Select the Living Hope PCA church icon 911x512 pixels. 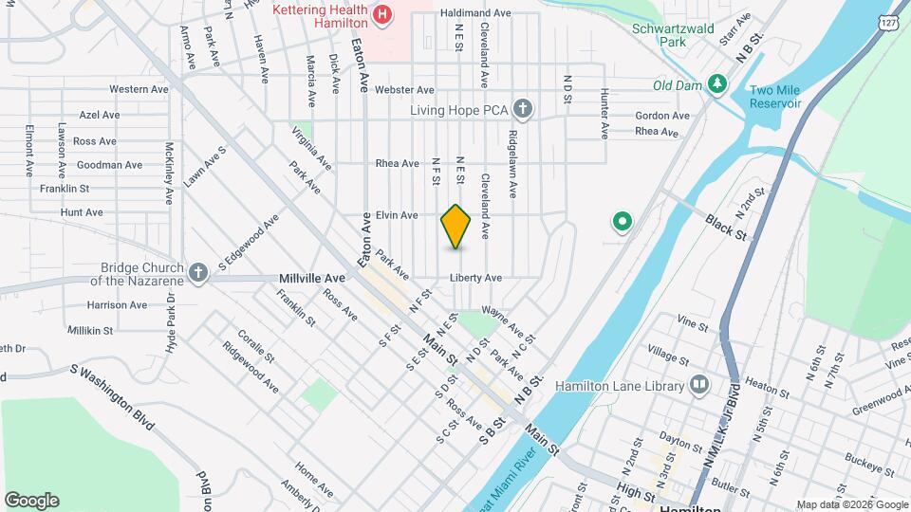[x=522, y=109]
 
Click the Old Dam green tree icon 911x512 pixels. [x=718, y=85]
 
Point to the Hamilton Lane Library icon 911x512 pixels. [x=699, y=386]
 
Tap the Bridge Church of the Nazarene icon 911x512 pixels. [x=198, y=274]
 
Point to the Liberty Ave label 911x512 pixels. [x=475, y=278]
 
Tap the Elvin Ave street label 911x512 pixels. [x=397, y=215]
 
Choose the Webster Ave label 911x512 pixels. [x=404, y=90]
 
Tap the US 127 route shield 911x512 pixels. [x=888, y=22]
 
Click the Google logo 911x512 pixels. [x=31, y=500]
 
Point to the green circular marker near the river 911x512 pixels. [x=623, y=223]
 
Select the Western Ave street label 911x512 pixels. [x=139, y=89]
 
